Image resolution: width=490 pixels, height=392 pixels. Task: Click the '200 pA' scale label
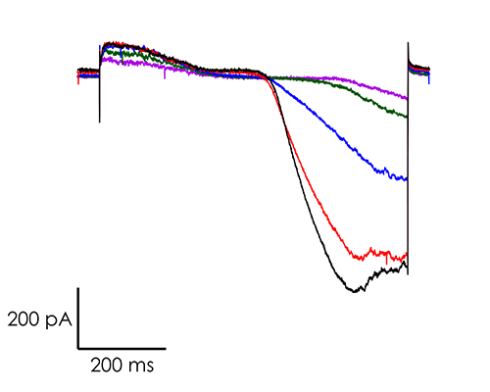(38, 318)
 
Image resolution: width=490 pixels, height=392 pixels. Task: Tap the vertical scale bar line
(78, 318)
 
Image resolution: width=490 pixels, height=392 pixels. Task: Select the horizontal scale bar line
(122, 347)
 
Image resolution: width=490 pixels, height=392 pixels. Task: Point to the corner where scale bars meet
(78, 347)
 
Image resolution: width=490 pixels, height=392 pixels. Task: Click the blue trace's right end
(406, 179)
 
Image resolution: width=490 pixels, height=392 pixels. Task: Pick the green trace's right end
(406, 118)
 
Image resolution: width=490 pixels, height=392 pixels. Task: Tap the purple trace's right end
(406, 98)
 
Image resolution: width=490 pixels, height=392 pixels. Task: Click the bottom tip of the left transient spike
(99, 122)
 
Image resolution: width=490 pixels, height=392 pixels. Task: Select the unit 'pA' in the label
(58, 318)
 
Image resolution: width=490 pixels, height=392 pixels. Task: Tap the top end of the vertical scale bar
(78, 290)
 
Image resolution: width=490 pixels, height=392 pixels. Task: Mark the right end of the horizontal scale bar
(165, 347)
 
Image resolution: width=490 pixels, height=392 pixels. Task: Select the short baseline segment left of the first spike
(87, 71)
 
